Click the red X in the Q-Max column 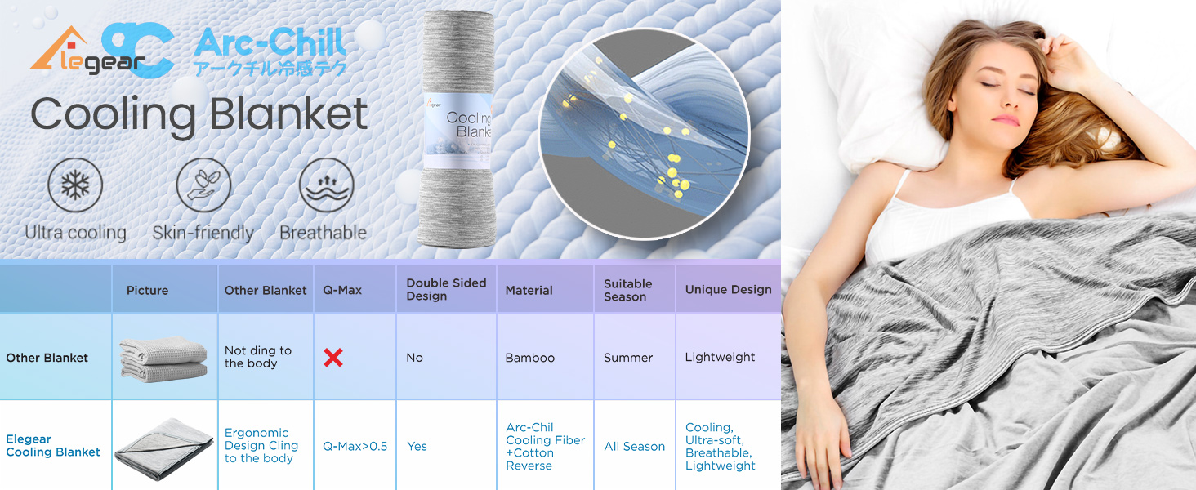click(333, 358)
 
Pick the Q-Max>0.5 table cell click(355, 447)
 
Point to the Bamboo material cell click(530, 358)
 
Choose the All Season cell click(635, 447)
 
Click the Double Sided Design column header click(446, 289)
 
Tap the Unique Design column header click(728, 289)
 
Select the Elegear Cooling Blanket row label click(53, 446)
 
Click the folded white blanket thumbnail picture click(163, 359)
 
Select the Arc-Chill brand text click(270, 42)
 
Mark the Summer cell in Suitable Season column click(628, 358)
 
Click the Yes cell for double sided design click(417, 447)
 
